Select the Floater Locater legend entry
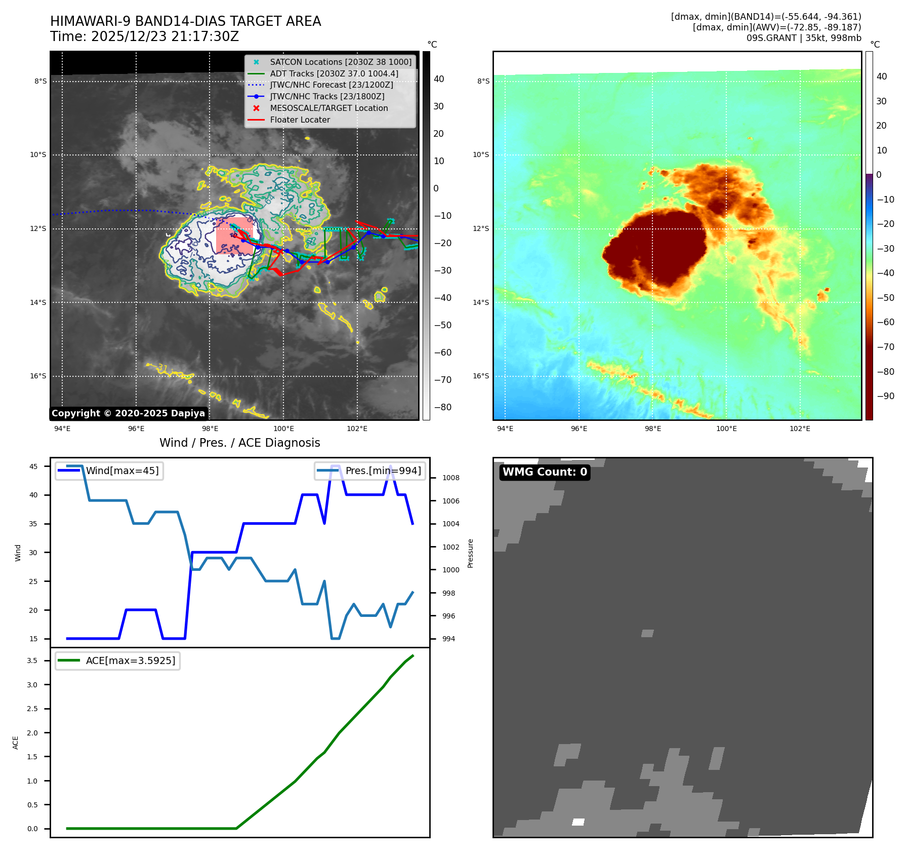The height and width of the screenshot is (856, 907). [300, 120]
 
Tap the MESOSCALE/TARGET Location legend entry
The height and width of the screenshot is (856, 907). [328, 108]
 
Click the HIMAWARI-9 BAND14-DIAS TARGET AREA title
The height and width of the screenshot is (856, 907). [185, 21]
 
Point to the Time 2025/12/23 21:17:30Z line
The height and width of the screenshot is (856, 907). [144, 36]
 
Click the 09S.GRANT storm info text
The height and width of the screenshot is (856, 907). [803, 38]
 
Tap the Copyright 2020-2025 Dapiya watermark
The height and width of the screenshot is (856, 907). [128, 413]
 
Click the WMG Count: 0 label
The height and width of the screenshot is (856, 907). [545, 472]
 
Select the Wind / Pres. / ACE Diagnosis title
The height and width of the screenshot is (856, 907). [239, 443]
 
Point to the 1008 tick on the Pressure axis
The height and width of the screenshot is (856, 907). [450, 478]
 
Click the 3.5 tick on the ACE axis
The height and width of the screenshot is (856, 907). [32, 660]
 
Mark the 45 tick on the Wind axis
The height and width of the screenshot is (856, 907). [33, 466]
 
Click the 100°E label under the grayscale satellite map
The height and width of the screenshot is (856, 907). [283, 429]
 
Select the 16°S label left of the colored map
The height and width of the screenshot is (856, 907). [481, 376]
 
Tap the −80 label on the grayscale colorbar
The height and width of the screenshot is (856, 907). [442, 407]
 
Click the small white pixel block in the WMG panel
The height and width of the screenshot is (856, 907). [578, 822]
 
